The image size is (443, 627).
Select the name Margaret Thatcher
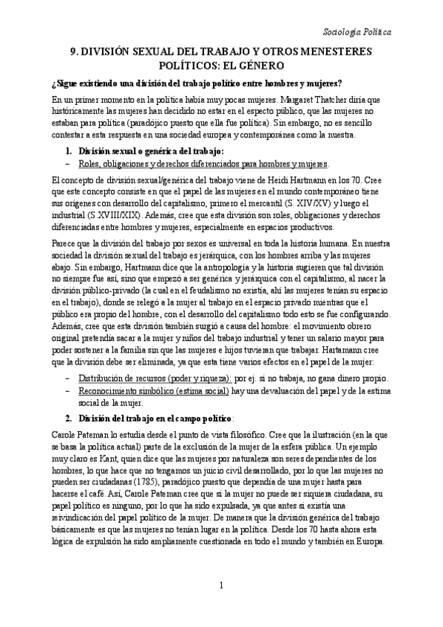(x=297, y=98)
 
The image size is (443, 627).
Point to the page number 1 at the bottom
(x=221, y=609)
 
